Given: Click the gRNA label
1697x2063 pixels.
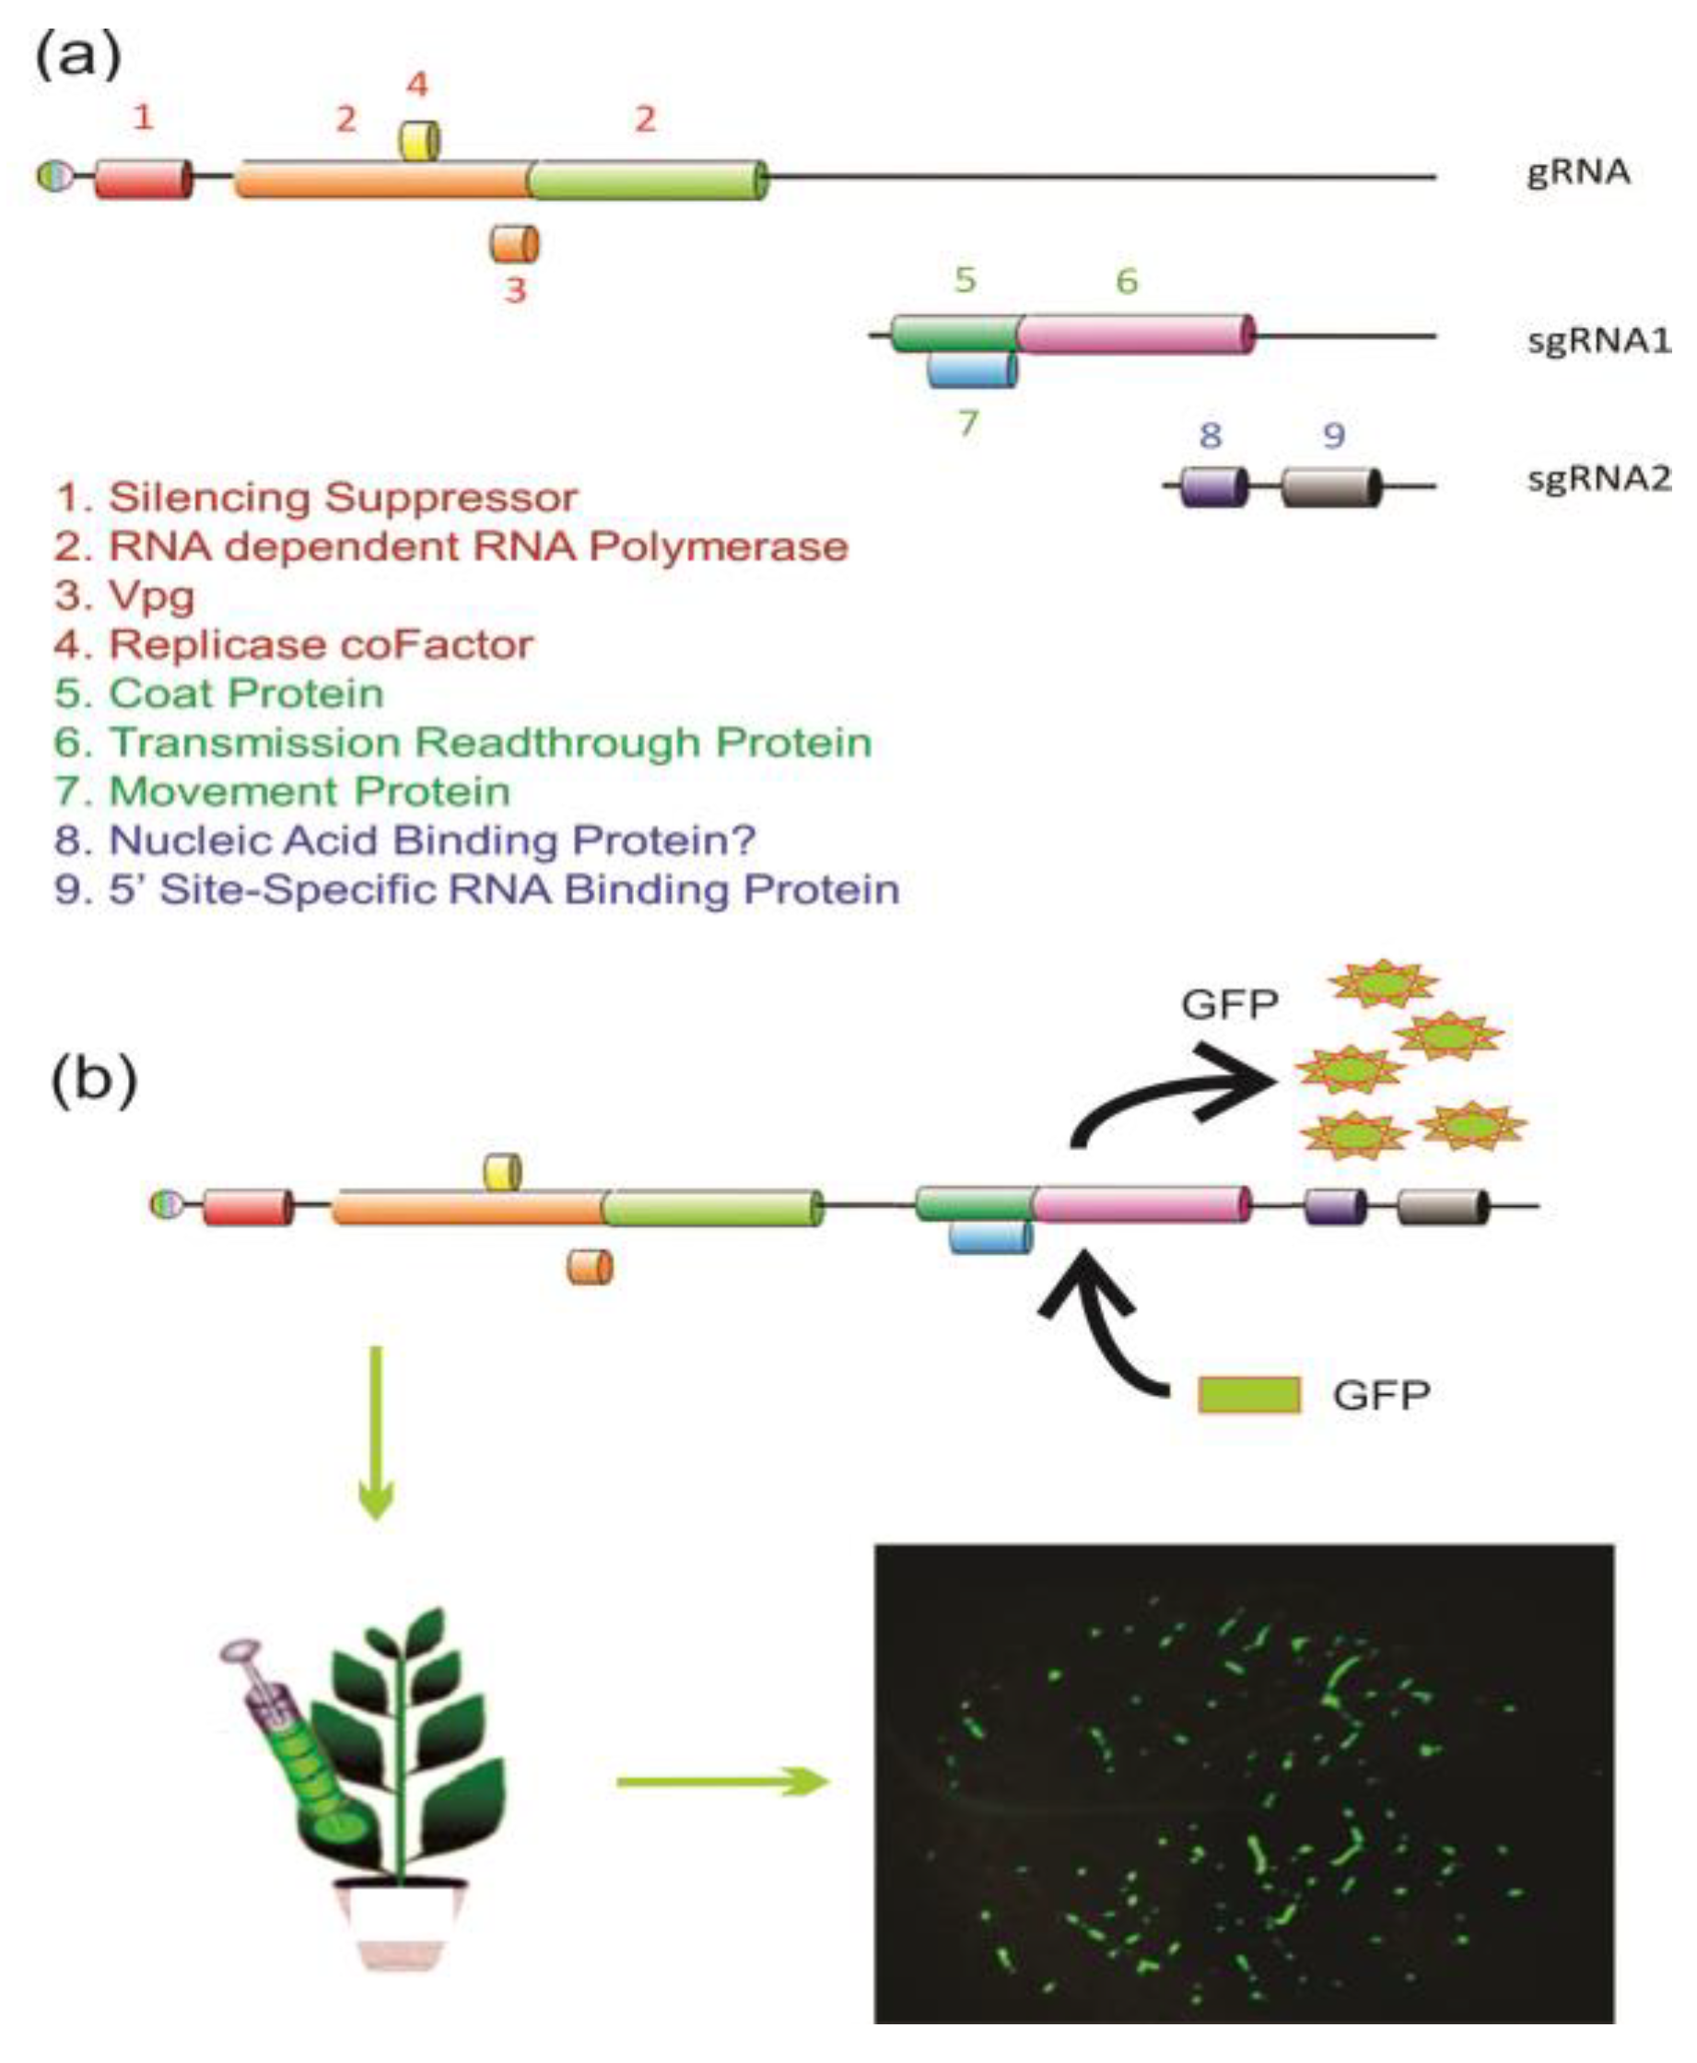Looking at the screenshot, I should pos(1578,172).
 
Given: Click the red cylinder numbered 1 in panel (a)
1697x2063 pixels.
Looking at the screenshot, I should pos(143,179).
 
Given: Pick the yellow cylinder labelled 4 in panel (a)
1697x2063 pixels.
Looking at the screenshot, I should pos(419,141).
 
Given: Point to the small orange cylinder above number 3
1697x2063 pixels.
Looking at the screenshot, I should pos(514,243).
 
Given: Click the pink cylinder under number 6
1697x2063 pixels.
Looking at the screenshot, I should pos(1134,334).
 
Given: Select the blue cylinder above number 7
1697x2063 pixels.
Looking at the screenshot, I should pos(972,370).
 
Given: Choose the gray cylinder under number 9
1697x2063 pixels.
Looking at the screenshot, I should pos(1330,486).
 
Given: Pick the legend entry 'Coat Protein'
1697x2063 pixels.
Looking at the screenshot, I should pos(219,693).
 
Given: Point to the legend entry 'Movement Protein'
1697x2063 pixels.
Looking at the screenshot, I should pos(283,791).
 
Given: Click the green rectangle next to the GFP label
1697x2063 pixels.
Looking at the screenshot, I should pos(1249,1395).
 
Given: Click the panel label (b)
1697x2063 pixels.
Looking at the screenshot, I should pos(94,1082).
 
